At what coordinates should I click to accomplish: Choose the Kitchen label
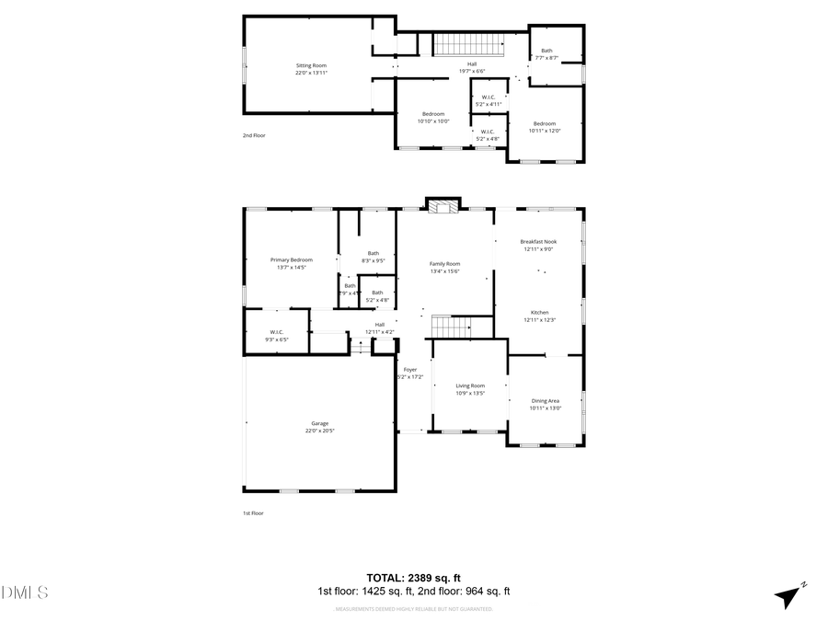[538, 316]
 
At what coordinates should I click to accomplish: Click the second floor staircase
[470, 43]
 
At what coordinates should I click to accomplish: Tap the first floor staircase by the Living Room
[451, 326]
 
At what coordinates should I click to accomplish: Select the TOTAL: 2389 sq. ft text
[413, 578]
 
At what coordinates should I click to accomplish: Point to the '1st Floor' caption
[253, 513]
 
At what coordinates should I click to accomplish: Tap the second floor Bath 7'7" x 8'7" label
[546, 53]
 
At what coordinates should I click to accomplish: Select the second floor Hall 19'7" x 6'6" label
[471, 67]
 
